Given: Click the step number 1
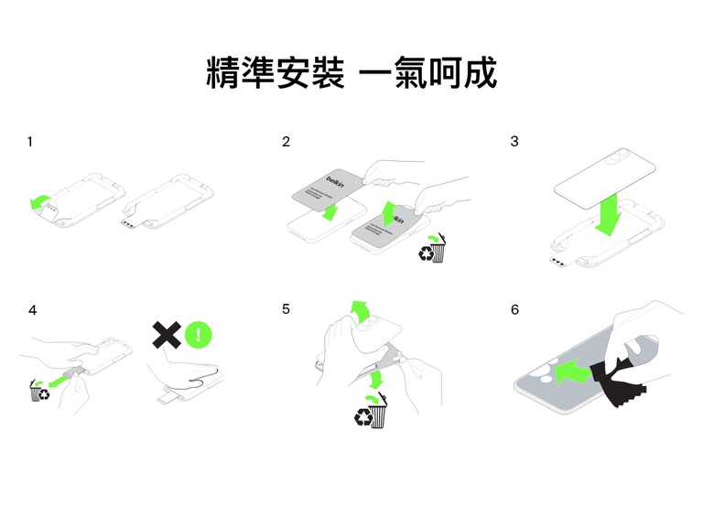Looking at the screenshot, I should click(x=30, y=142).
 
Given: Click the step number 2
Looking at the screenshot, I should click(x=287, y=142).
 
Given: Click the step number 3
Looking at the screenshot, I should click(x=514, y=142).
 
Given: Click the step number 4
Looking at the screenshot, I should click(x=32, y=310).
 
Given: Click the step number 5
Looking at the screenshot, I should click(x=287, y=310).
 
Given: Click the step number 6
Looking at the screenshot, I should click(x=514, y=310).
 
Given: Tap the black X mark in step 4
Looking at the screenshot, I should click(x=166, y=334).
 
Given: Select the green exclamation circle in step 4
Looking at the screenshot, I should click(x=199, y=334).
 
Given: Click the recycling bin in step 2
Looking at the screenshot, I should click(x=434, y=250).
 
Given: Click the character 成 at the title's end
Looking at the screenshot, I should click(x=480, y=73).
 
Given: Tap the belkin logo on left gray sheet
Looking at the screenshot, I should click(x=336, y=180).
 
